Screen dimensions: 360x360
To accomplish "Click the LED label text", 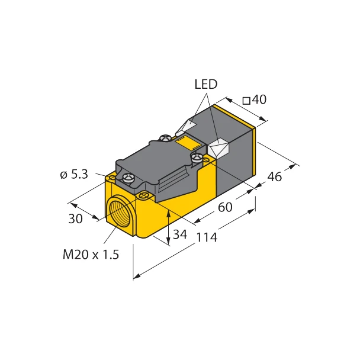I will pyautogui.click(x=206, y=85).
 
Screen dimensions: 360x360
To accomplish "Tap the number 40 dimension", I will pyautogui.click(x=259, y=100).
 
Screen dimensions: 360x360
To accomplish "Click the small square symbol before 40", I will pyautogui.click(x=246, y=101).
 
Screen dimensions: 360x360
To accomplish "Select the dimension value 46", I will pyautogui.click(x=275, y=176).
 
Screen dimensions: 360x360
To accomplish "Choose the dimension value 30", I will pyautogui.click(x=75, y=218).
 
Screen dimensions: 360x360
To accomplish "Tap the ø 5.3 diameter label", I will pyautogui.click(x=75, y=174).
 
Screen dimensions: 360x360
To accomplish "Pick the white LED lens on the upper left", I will pyautogui.click(x=189, y=126).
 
